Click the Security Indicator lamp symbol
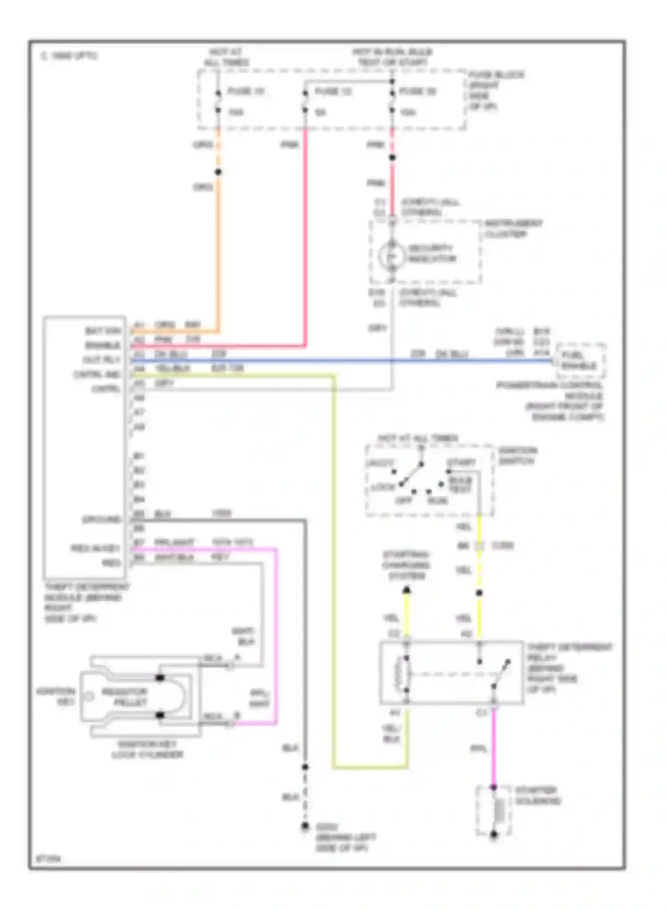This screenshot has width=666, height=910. point(391,255)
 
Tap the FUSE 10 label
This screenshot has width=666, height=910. point(246,92)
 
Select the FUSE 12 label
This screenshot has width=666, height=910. point(333,92)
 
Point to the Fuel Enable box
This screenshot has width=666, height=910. point(580,360)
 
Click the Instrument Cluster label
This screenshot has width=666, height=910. point(513,228)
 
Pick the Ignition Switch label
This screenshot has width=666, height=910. point(517,456)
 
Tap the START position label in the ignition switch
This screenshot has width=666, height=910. point(462,463)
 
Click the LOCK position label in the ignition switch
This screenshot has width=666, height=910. point(382,487)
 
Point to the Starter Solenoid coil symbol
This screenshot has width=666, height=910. point(500,811)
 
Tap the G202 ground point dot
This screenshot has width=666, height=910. point(305,826)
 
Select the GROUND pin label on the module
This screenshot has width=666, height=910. point(101,519)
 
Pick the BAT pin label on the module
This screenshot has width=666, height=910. point(103,331)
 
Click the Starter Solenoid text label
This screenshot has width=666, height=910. point(537,796)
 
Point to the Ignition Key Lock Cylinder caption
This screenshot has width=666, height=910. point(147,749)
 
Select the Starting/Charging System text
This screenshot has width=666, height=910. point(406,565)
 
